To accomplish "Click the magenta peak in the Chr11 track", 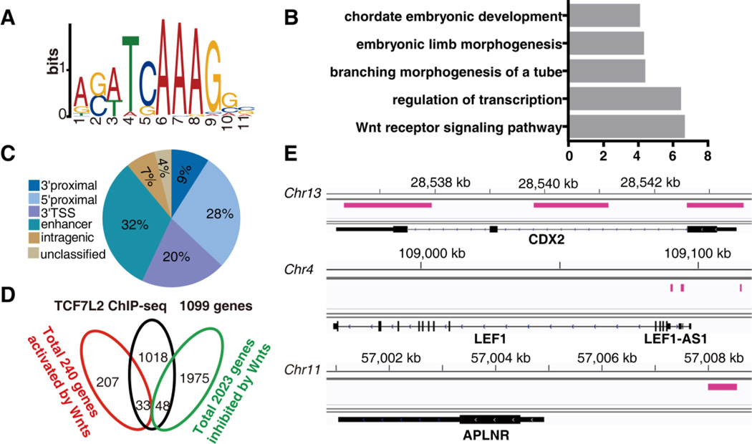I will coord(722,387).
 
